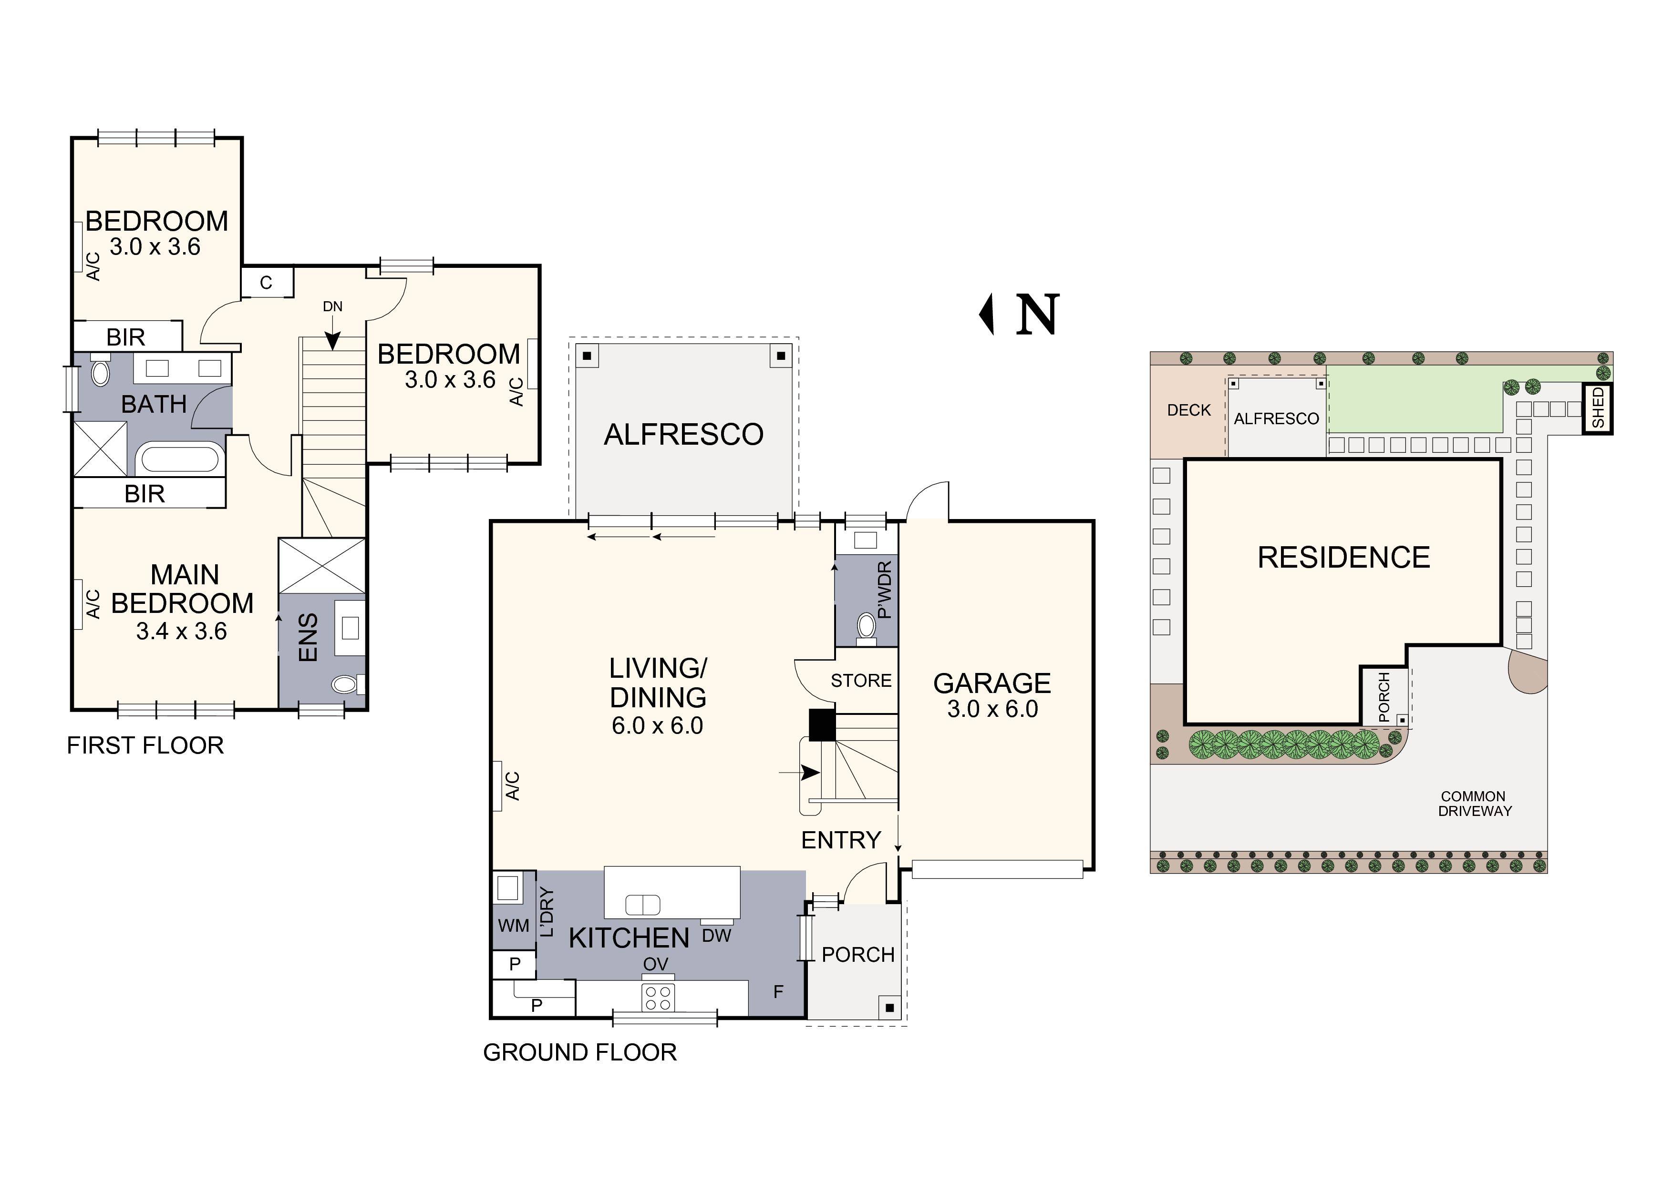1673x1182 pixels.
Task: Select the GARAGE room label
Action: pyautogui.click(x=991, y=683)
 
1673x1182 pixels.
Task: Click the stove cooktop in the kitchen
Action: pyautogui.click(x=658, y=997)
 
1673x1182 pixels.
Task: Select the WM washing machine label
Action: pyautogui.click(x=514, y=926)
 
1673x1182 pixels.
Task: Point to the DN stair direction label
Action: pyautogui.click(x=332, y=306)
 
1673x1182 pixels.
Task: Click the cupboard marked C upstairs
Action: pyautogui.click(x=267, y=283)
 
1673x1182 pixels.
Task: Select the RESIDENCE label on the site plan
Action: pyautogui.click(x=1343, y=558)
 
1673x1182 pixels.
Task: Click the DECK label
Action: pyautogui.click(x=1188, y=410)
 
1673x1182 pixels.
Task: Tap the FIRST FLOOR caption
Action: pyautogui.click(x=145, y=746)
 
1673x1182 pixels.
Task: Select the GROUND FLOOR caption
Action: pyautogui.click(x=580, y=1052)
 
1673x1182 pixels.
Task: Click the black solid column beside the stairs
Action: pyautogui.click(x=822, y=725)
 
